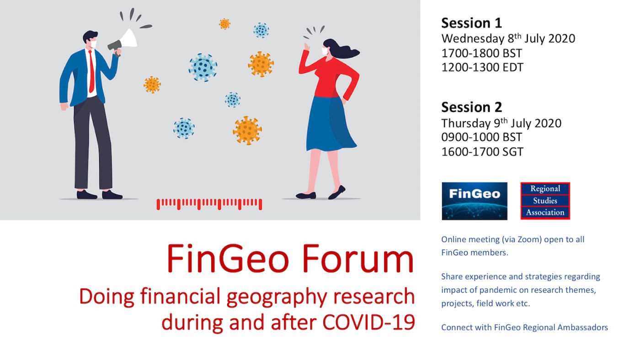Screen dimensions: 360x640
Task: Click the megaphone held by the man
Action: point(124,41)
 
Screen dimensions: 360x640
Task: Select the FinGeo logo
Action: point(475,201)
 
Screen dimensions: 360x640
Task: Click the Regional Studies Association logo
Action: point(545,201)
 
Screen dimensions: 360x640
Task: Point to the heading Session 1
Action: point(471,23)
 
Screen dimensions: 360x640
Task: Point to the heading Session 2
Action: point(471,107)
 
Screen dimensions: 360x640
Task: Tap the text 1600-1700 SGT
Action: point(482,151)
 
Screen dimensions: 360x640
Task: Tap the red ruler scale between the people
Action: point(209,204)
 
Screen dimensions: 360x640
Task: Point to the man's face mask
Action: point(93,44)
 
